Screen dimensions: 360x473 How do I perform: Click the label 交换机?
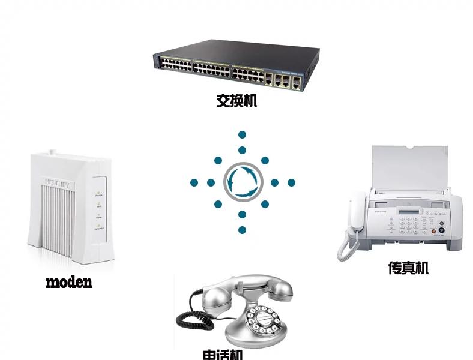click(237, 100)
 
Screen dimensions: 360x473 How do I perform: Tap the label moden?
click(69, 281)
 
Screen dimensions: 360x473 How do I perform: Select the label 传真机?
click(408, 268)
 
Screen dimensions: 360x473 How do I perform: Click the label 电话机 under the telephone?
click(223, 354)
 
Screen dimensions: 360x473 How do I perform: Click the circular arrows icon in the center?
click(243, 182)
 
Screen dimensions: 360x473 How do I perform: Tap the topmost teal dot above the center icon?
click(243, 135)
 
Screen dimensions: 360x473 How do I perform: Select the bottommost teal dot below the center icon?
click(243, 230)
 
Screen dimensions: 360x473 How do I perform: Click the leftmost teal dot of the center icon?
click(194, 182)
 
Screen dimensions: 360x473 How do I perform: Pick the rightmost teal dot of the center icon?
click(291, 182)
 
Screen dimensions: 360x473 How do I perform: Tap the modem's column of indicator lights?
click(98, 211)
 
